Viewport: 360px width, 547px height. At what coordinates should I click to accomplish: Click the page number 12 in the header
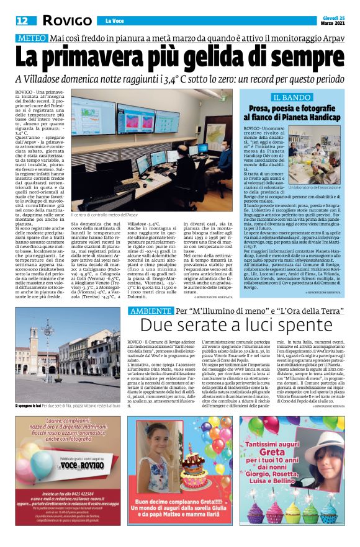click(22, 20)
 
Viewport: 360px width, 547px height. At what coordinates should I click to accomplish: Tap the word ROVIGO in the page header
click(67, 20)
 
